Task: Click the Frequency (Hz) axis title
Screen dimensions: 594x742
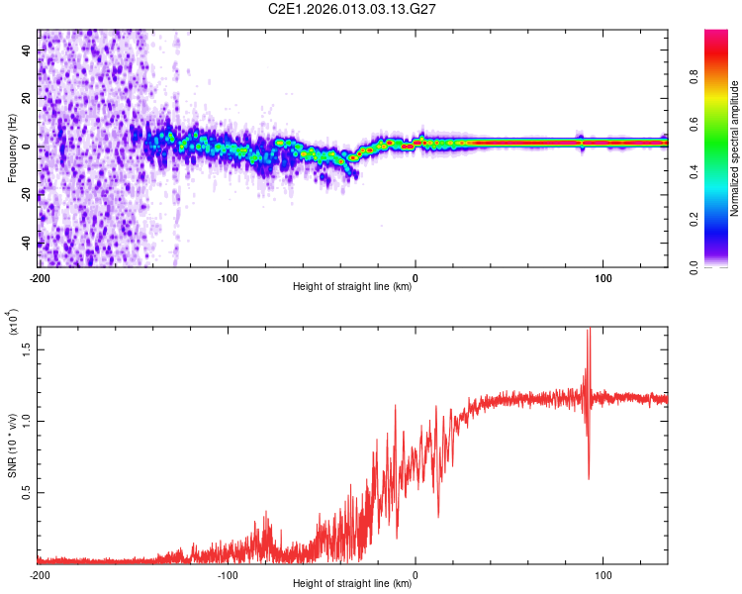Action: (x=12, y=148)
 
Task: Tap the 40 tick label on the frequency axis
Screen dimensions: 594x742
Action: (x=27, y=51)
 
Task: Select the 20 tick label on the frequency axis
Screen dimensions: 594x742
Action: (x=27, y=99)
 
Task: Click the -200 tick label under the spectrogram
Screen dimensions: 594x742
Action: (x=39, y=277)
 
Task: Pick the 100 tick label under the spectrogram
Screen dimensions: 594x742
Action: (x=603, y=277)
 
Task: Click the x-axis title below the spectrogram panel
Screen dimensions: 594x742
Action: (x=352, y=287)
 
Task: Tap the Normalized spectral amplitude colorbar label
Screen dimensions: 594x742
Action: (x=734, y=148)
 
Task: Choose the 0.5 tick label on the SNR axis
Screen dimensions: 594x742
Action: (x=27, y=492)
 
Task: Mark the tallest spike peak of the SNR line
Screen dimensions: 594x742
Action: (x=589, y=329)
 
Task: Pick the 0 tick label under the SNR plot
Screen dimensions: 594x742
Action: (x=416, y=574)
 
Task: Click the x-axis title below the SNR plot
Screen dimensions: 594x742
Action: (x=352, y=584)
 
